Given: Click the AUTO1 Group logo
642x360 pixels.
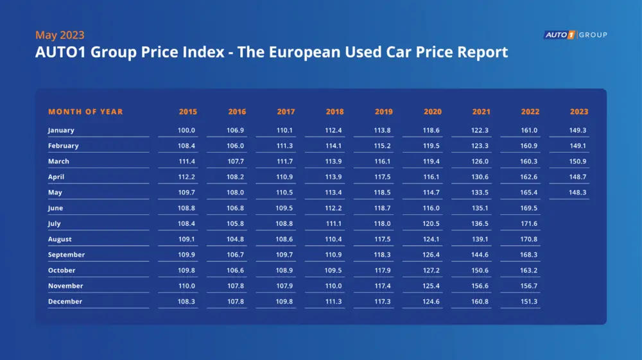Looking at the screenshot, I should pos(575,35).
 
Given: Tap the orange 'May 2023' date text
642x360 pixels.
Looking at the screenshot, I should pos(60,35).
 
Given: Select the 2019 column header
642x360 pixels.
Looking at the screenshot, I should pos(383,112).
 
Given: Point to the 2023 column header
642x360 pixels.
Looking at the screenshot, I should pos(578,112).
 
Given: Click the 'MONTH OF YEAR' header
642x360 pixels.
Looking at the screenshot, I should pos(85,112).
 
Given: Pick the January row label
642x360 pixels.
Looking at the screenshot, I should pos(61,130).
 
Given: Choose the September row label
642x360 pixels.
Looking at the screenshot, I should pos(66,255).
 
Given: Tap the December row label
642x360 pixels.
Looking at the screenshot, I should pos(65,302).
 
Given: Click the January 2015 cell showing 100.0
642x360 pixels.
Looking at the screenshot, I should pos(187,130).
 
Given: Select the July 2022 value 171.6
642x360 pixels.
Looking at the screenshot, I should pos(529,223).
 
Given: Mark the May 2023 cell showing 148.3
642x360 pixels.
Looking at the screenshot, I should pos(578,193).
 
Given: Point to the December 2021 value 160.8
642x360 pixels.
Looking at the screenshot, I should pos(480,302).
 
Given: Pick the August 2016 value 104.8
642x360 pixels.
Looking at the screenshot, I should pos(236,239).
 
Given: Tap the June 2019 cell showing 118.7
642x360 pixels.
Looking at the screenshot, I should pos(383,208).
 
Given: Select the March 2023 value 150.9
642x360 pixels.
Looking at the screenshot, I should pos(578,161).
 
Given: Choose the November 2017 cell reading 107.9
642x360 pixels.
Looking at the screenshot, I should pos(285,286).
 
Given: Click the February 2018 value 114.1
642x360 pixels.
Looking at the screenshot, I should pos(334,146).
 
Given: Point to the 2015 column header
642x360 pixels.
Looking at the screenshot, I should pos(187,112).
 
